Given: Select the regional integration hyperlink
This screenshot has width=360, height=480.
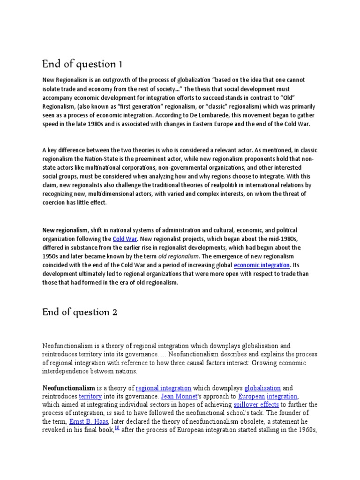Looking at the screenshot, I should pyautogui.click(x=164, y=388).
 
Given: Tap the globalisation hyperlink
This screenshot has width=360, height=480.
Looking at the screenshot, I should pyautogui.click(x=262, y=388).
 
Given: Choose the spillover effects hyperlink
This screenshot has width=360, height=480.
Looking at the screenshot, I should pyautogui.click(x=256, y=405).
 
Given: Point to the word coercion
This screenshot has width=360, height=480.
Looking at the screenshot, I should pyautogui.click(x=56, y=202).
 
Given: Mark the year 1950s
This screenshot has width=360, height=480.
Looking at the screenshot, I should pyautogui.click(x=52, y=256).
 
